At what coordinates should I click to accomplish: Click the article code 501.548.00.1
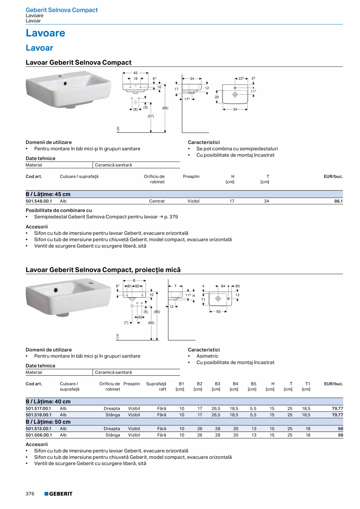point(39,201)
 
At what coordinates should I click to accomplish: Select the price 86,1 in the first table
point(338,201)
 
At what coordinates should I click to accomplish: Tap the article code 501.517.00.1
point(39,408)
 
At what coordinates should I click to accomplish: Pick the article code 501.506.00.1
point(39,435)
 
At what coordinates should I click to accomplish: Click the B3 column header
point(218,384)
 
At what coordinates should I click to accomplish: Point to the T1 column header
point(308,384)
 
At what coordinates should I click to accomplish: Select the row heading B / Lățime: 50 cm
point(48,422)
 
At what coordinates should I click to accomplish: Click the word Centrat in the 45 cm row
point(157,201)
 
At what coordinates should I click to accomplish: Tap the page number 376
point(30,494)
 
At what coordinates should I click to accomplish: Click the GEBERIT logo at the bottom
point(58,494)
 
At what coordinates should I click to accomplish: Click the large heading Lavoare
point(45,33)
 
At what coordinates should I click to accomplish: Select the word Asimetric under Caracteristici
point(207,356)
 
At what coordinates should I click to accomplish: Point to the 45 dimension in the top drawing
point(135,73)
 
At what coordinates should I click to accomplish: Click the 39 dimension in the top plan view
point(235,110)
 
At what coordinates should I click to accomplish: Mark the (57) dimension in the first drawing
point(151,116)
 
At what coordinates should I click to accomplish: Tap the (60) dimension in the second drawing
point(151,323)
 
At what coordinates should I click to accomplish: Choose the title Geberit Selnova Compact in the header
point(62,10)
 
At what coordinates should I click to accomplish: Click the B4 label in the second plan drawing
point(223,286)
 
